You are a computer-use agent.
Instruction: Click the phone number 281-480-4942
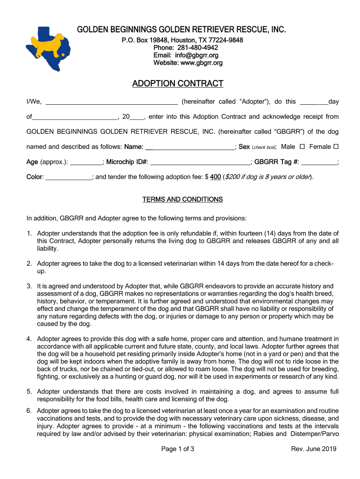point(198,48)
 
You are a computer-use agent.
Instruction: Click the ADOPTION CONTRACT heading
point(178,84)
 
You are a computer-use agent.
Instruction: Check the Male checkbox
point(302,147)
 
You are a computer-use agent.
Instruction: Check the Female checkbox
point(335,147)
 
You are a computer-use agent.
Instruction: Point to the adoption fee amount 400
point(216,177)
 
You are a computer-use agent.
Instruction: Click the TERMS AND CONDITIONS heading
point(182,200)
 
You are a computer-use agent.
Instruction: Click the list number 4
point(29,339)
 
